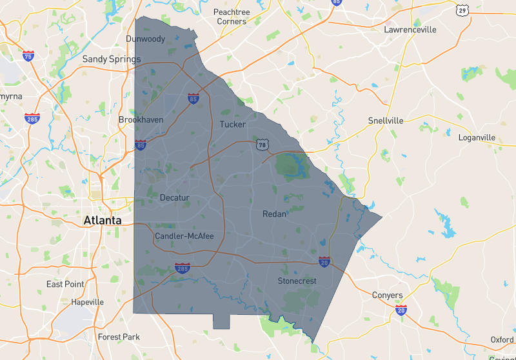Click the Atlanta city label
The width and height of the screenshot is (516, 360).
(x=102, y=221)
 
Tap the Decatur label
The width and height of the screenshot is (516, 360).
(x=174, y=197)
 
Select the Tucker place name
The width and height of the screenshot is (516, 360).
(x=232, y=124)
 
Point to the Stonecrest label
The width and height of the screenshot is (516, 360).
(x=298, y=281)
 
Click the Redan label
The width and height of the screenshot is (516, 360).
(x=274, y=214)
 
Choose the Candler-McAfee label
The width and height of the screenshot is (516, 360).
(x=184, y=236)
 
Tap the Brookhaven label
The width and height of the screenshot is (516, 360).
(x=141, y=120)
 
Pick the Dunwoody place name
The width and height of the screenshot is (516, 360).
(x=146, y=39)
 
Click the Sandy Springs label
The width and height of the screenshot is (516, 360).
(x=111, y=59)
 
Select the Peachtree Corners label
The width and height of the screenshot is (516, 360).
(x=231, y=17)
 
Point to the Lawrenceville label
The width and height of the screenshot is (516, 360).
(x=410, y=30)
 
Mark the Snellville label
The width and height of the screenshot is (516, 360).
(x=385, y=121)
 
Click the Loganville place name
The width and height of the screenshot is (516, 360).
(x=477, y=137)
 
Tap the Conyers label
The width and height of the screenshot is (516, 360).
(x=388, y=295)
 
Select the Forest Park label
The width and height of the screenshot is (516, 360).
(x=119, y=337)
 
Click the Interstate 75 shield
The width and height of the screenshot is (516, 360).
(x=28, y=56)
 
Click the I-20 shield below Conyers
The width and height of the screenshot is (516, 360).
(x=401, y=310)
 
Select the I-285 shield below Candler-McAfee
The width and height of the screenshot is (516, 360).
(x=183, y=267)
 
